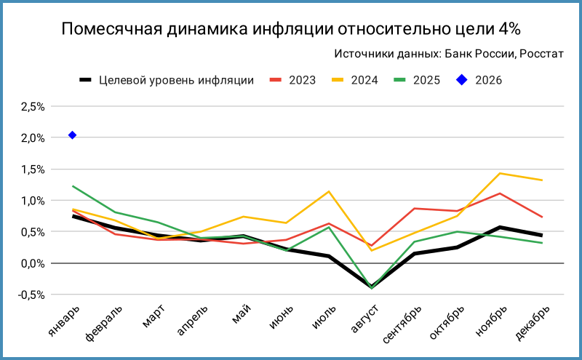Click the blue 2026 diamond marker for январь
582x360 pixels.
72,135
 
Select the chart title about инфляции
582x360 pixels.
291,29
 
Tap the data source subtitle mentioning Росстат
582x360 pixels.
449,54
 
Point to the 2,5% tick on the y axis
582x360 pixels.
33,107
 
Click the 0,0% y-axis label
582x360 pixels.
33,263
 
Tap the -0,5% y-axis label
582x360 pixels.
31,295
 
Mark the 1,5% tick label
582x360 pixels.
33,169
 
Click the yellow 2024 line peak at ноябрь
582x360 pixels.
500,173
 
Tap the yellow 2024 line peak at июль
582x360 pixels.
329,191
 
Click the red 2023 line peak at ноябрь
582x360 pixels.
500,193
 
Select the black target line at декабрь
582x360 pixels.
542,235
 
